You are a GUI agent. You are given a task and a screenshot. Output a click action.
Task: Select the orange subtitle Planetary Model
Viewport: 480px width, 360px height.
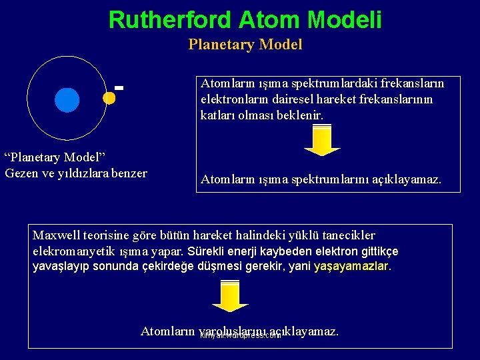(245, 45)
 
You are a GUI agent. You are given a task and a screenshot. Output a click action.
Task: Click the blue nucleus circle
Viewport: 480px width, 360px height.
(67, 100)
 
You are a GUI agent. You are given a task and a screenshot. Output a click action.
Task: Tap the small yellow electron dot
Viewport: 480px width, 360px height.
(109, 97)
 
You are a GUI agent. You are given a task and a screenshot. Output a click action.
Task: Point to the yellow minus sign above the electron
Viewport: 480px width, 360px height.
(119, 87)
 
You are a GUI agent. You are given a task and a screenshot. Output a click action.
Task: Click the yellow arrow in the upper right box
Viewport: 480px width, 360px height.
(322, 141)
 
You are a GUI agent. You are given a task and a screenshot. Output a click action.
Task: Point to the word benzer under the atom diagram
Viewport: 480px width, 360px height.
(130, 173)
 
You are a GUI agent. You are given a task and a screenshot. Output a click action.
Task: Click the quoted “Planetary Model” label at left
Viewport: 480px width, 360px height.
(55, 157)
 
